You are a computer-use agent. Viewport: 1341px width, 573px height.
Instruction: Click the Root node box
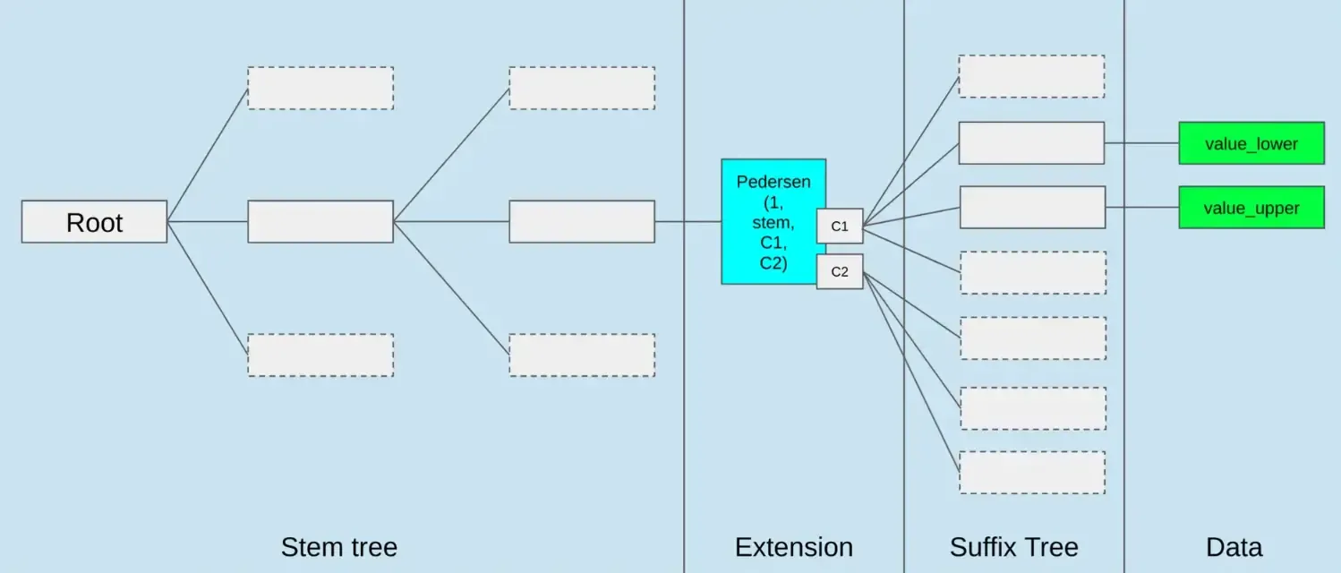94,221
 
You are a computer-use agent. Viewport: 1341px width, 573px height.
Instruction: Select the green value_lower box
1251,143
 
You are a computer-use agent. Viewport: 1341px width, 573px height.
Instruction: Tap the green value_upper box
1251,208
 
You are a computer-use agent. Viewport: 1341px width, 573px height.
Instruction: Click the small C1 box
840,226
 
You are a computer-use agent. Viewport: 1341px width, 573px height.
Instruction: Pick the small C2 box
840,271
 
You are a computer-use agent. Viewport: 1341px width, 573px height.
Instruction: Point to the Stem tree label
338,547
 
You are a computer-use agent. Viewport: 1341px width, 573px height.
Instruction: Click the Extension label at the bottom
793,547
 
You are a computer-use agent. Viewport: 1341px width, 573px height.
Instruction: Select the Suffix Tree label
1013,547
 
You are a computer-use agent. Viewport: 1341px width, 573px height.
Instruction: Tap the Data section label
1234,547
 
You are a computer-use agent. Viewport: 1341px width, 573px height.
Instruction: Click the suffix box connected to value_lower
1031,143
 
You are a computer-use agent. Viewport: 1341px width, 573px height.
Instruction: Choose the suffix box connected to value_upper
1032,207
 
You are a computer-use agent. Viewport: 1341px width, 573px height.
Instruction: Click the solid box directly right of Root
320,221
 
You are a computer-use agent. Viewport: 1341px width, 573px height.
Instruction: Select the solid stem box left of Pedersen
582,221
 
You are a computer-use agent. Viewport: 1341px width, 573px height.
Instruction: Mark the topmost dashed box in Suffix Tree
1031,76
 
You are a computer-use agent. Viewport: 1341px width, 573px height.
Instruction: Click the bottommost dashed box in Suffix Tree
1032,472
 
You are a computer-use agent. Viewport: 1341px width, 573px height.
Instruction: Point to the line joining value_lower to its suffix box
1141,143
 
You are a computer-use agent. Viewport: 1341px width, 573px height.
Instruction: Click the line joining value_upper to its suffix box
1142,208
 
